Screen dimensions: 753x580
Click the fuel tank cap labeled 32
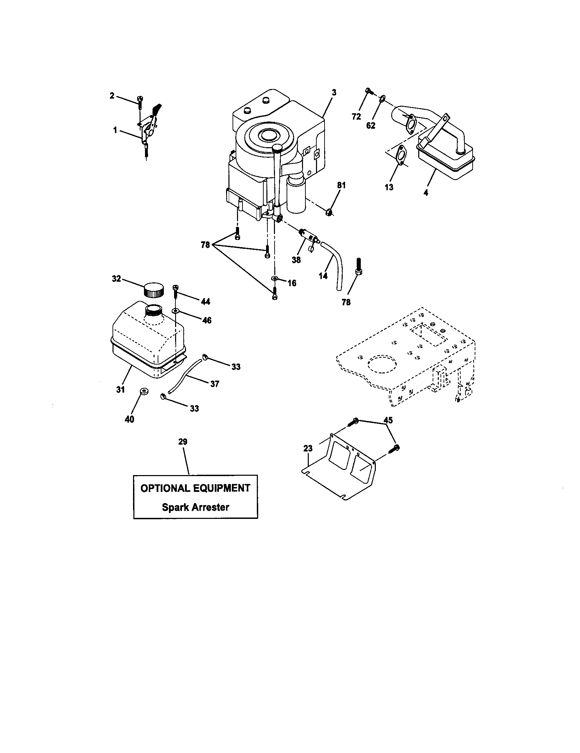[x=153, y=289]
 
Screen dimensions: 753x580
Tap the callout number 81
[x=341, y=186]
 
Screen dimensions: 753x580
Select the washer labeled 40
[x=143, y=391]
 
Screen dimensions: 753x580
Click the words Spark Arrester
[x=195, y=507]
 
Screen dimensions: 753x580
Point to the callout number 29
[x=183, y=441]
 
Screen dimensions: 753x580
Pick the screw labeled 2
[x=140, y=100]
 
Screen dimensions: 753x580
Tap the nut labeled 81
[x=329, y=213]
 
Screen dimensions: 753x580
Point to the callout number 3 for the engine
[x=334, y=92]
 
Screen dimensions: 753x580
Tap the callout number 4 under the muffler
[x=426, y=193]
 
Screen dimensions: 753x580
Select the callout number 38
[x=296, y=260]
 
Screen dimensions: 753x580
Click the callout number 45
[x=388, y=420]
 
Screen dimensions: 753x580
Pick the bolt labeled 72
[x=368, y=91]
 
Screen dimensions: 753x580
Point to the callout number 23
[x=308, y=448]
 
